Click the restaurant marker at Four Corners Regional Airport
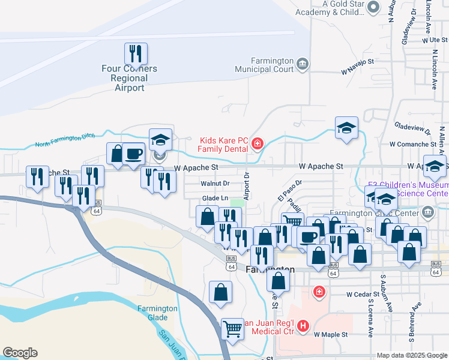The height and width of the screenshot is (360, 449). point(136,53)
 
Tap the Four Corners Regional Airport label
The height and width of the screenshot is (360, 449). point(129,78)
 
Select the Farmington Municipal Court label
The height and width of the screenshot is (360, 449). point(272,65)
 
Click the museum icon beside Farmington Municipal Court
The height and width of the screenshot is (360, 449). point(302,64)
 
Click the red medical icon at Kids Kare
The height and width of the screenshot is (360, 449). point(258,143)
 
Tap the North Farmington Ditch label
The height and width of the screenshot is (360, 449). point(65,141)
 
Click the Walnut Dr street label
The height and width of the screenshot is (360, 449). point(215,183)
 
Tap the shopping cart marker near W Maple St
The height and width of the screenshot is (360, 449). point(232,328)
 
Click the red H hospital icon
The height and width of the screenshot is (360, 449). point(303,327)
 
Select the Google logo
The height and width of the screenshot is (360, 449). point(20,353)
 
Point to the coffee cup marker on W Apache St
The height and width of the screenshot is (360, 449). point(134,154)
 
